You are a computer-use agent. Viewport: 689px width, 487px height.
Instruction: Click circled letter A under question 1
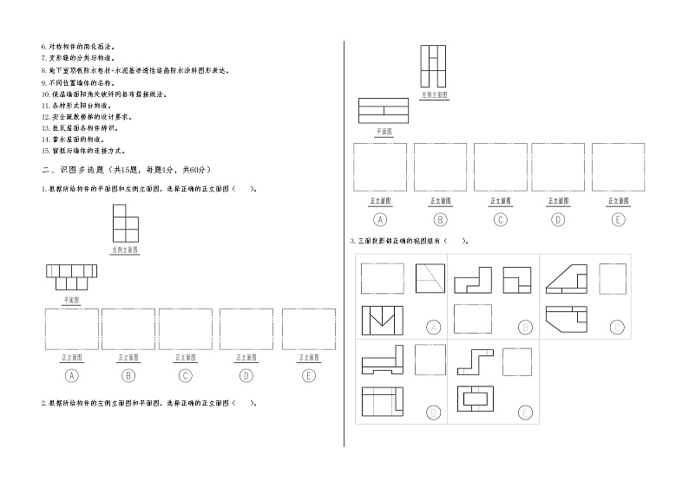coord(72,375)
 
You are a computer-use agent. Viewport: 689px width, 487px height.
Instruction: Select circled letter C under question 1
coord(186,375)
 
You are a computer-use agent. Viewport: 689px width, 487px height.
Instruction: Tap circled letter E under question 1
coord(308,375)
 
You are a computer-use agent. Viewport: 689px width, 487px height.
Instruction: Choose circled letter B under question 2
coord(440,219)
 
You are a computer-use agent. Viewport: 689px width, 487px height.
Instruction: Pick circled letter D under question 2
coord(557,219)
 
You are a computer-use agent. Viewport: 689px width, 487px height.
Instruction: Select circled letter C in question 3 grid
coord(616,327)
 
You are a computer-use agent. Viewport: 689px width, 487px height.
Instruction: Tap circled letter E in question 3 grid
coord(525,412)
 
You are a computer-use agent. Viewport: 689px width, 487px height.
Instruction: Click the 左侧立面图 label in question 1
coord(126,250)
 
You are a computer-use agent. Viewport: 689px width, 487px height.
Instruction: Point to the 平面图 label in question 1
coord(71,299)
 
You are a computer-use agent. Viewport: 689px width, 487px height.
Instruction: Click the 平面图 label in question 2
coord(383,132)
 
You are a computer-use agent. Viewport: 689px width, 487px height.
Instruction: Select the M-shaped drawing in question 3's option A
coord(383,321)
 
